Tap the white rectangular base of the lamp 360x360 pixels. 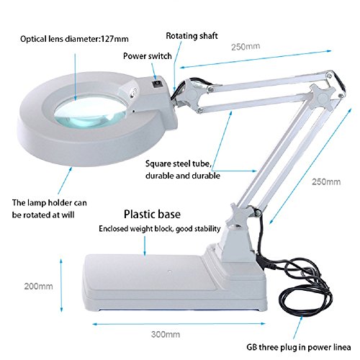coord(158,277)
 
